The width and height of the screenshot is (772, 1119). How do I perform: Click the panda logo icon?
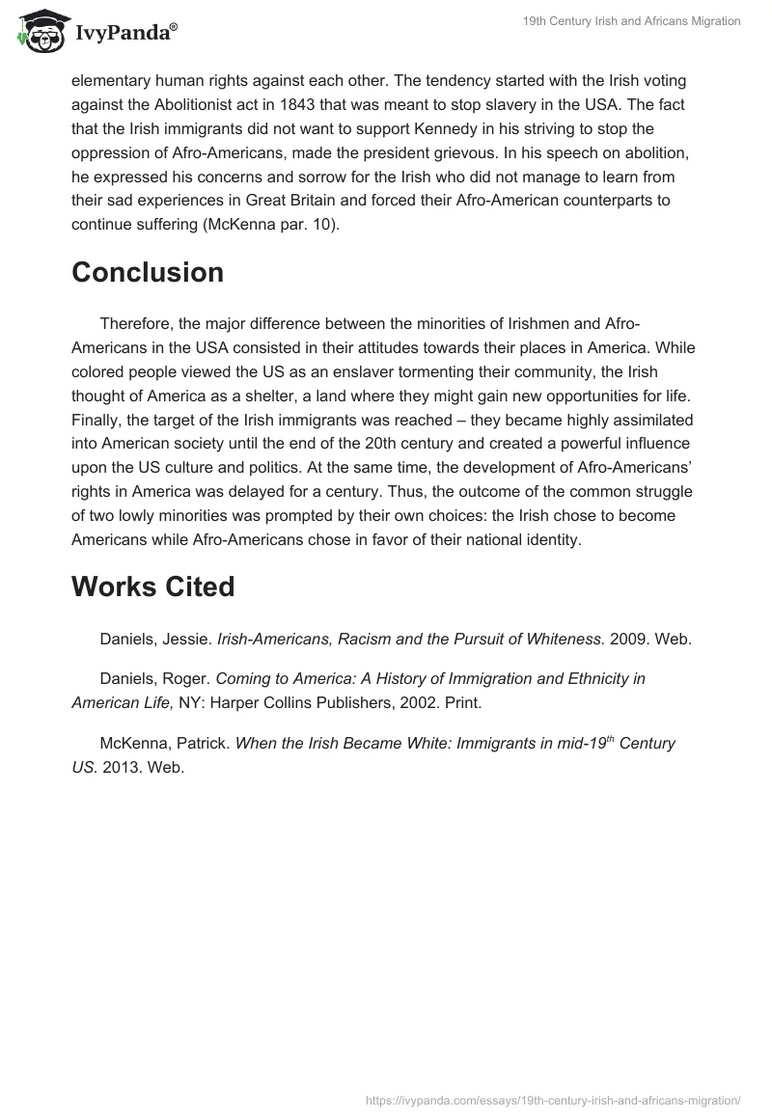pyautogui.click(x=39, y=31)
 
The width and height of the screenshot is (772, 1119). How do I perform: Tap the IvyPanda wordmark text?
pyautogui.click(x=125, y=34)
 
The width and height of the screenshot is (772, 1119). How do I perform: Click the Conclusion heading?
pyautogui.click(x=148, y=272)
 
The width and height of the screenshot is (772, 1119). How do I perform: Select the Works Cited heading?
pyautogui.click(x=152, y=587)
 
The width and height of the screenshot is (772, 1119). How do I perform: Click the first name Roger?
pyautogui.click(x=186, y=679)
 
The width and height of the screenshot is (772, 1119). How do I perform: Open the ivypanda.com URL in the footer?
pyautogui.click(x=553, y=1100)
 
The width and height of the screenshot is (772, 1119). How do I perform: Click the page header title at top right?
pyautogui.click(x=631, y=21)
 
